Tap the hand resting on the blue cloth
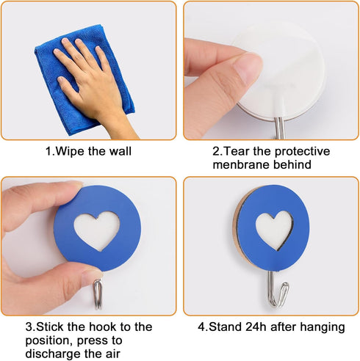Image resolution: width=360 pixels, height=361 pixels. [92, 81]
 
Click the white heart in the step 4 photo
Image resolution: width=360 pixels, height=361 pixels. [273, 230]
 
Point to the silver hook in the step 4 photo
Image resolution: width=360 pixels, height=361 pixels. [276, 290]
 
